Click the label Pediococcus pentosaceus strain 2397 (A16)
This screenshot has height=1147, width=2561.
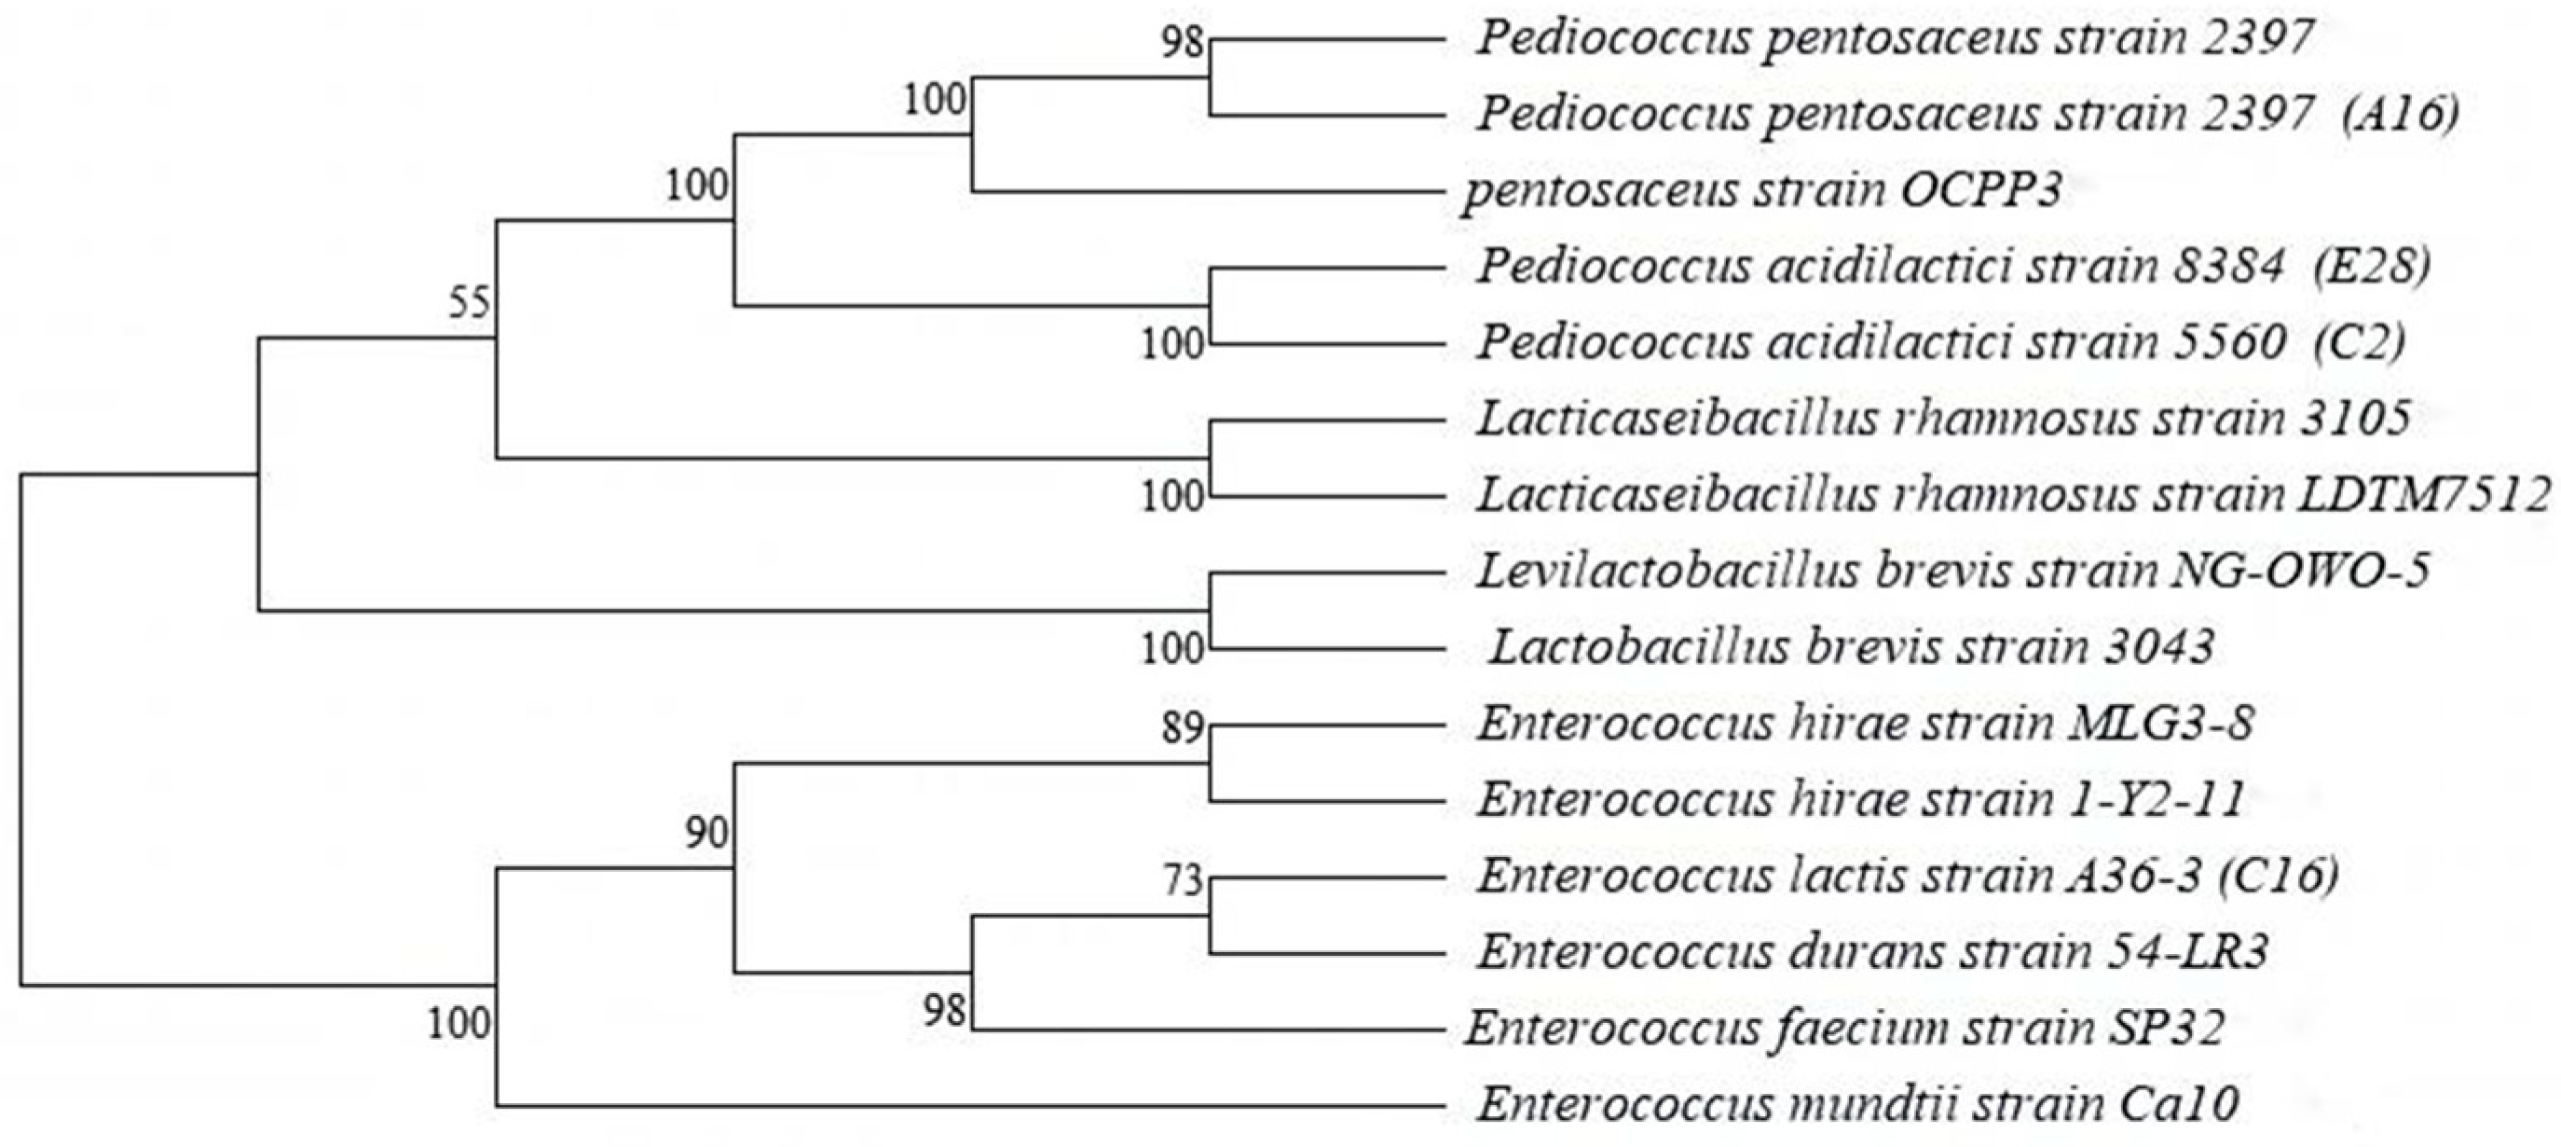coord(1966,116)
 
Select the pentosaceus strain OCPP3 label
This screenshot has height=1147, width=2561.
coord(1760,191)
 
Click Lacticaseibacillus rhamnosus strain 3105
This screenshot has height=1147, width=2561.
coord(1942,420)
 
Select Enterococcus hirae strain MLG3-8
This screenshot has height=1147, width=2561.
coord(1865,725)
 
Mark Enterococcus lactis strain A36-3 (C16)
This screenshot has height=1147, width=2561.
coord(1907,877)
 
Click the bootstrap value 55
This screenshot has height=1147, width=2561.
coord(470,301)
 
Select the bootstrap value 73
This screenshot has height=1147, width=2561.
coord(1183,881)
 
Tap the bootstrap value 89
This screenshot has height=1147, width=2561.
coord(1183,729)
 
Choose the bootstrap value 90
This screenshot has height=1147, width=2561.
coord(706,834)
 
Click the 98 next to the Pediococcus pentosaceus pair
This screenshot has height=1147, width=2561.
coord(1183,44)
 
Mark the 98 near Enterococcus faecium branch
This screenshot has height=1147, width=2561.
coord(944,1011)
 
